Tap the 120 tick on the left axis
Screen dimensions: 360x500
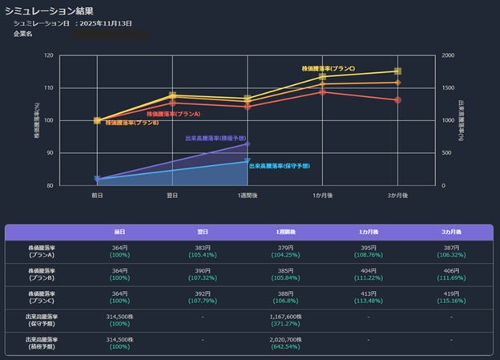pyautogui.click(x=49, y=55)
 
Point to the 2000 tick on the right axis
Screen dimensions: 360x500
pyautogui.click(x=449, y=55)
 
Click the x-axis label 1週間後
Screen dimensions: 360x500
pyautogui.click(x=247, y=195)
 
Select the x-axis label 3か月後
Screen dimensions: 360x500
pyautogui.click(x=397, y=195)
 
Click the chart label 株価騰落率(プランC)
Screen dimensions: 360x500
pyautogui.click(x=328, y=69)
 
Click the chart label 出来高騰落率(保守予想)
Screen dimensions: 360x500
pyautogui.click(x=280, y=166)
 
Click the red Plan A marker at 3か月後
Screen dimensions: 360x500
pyautogui.click(x=398, y=100)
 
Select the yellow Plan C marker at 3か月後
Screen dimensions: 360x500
pyautogui.click(x=398, y=71)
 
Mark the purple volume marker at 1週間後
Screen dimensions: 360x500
pyautogui.click(x=248, y=144)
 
